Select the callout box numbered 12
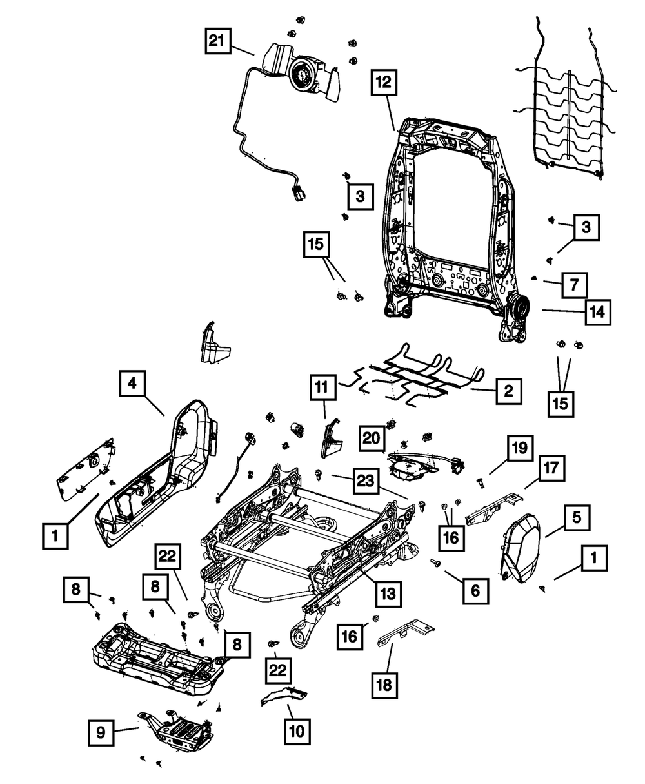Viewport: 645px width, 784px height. click(x=384, y=83)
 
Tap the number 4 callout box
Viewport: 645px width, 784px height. click(x=132, y=383)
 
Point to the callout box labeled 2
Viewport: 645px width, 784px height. click(x=508, y=390)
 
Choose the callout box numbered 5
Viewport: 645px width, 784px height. click(x=576, y=517)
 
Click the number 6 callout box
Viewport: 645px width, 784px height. click(x=475, y=589)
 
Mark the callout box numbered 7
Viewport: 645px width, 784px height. click(x=574, y=284)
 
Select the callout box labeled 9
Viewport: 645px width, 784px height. click(x=102, y=732)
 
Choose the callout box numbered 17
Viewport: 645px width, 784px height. click(x=553, y=469)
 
